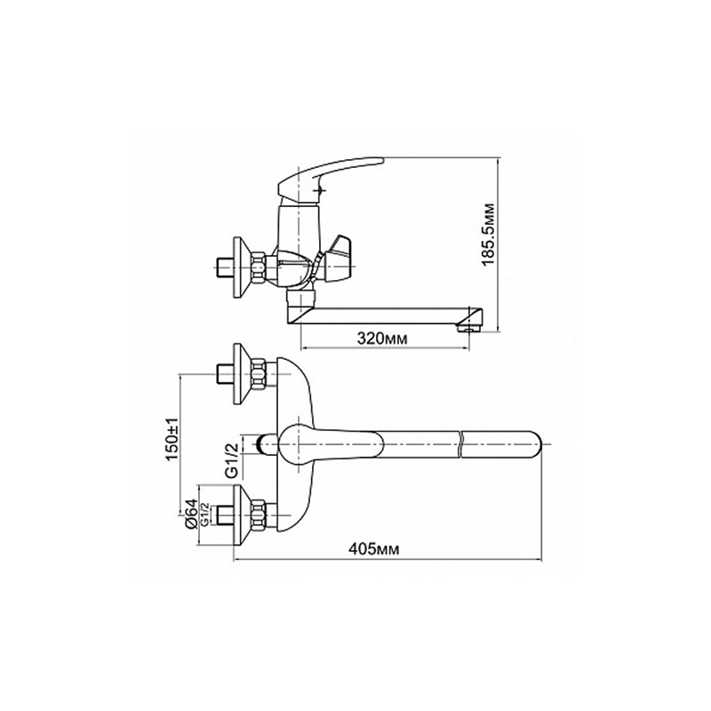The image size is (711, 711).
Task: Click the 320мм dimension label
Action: click(x=382, y=338)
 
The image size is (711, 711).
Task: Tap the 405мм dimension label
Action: click(x=374, y=549)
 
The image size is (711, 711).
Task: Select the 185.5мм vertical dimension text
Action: click(x=488, y=235)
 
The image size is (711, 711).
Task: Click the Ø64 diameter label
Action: click(x=191, y=514)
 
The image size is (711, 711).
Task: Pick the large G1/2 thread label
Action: click(x=232, y=459)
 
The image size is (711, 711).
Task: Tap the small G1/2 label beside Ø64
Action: click(x=204, y=515)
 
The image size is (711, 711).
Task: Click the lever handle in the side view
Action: click(x=330, y=176)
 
